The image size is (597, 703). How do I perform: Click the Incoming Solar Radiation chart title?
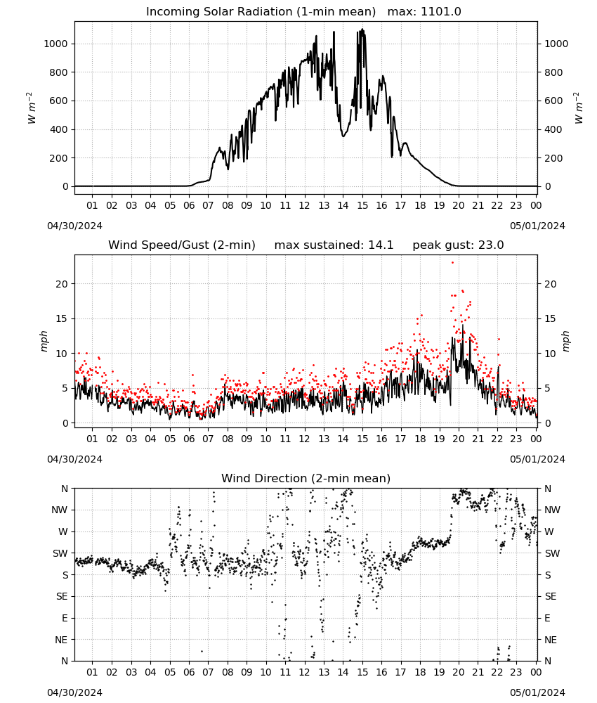[261, 12]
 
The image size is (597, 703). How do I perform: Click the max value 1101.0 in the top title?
[440, 12]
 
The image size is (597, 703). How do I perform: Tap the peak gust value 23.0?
[492, 245]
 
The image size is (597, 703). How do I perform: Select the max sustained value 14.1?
[381, 245]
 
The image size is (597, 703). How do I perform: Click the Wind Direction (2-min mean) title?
[306, 478]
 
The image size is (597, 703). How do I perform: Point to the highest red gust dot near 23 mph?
[452, 263]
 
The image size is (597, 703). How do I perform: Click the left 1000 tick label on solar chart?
[56, 44]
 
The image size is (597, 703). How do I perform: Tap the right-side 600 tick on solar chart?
[553, 101]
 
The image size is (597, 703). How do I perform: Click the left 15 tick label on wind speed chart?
[63, 318]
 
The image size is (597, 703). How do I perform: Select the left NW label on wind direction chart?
[60, 510]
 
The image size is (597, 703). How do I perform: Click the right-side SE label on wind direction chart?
[551, 597]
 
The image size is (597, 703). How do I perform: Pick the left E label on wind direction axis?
[65, 618]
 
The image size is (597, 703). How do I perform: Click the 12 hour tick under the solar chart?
[305, 206]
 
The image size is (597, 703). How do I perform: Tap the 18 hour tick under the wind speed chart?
[420, 439]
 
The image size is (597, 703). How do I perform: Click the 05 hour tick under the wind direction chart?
[170, 673]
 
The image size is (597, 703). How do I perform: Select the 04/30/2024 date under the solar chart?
[74, 226]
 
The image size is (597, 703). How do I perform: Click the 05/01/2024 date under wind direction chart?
[537, 692]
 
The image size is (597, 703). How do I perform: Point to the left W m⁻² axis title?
[32, 108]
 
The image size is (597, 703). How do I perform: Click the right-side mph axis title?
[566, 342]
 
